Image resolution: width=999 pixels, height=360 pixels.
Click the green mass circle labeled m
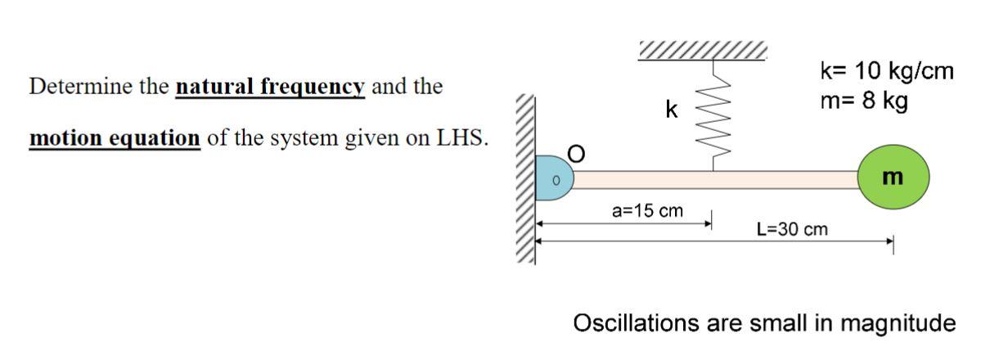[895, 177]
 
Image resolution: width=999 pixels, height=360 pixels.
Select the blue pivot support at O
[552, 178]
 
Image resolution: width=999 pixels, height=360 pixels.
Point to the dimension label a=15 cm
[647, 211]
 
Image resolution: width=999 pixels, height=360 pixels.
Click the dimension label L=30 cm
[792, 229]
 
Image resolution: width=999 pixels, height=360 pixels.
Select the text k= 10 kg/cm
[886, 71]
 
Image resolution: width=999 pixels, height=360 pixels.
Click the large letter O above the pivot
[577, 154]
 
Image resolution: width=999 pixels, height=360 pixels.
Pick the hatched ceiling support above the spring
[703, 51]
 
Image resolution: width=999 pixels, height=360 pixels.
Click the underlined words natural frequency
[270, 86]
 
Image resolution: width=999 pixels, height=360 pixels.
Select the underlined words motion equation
[115, 137]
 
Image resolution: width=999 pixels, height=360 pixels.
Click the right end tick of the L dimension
[893, 241]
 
